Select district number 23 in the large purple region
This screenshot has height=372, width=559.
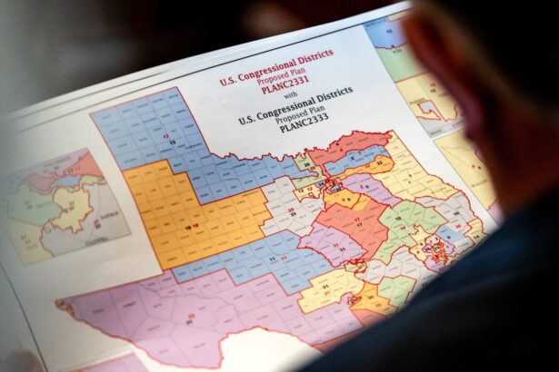coord(191,317)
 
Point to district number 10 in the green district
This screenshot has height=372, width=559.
coord(398,219)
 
